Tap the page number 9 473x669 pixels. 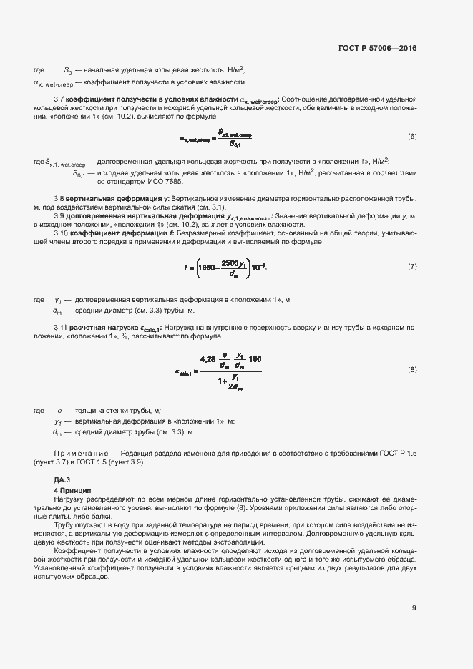[414, 608]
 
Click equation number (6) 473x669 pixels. [412, 136]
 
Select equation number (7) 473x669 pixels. [412, 266]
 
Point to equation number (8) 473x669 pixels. [412, 369]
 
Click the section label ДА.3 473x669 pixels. [63, 478]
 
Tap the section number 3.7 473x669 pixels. [59, 99]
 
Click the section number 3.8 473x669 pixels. [59, 197]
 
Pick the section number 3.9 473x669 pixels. [59, 215]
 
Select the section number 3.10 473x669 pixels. [61, 233]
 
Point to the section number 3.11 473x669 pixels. [61, 327]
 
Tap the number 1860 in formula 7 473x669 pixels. [203, 266]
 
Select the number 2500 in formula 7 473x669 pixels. [231, 262]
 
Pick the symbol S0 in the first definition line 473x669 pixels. [68, 70]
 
